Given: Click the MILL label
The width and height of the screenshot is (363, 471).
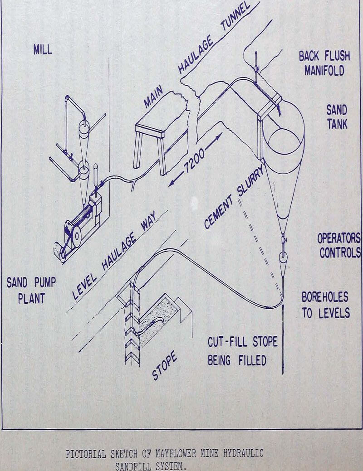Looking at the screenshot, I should click(43, 50).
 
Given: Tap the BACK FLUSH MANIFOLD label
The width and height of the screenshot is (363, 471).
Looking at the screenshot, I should click(324, 63).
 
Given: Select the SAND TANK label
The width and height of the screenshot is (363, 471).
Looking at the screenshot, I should click(336, 117).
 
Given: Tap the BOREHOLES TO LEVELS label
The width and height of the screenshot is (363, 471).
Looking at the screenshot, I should click(325, 305).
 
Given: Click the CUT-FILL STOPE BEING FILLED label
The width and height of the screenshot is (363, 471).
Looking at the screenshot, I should click(242, 351).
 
